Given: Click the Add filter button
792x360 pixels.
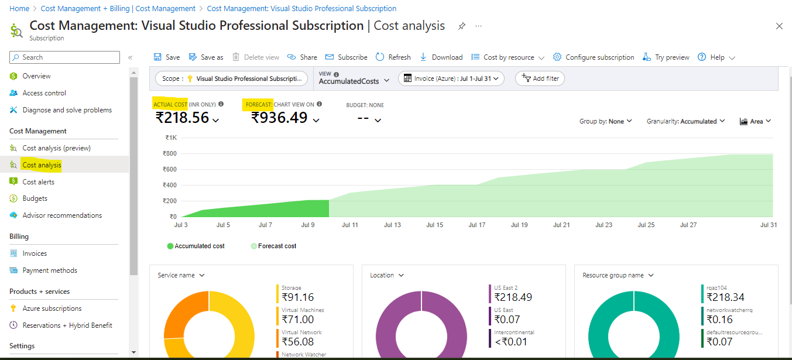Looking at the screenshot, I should (x=540, y=78).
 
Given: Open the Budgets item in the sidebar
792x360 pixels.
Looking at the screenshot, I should (x=35, y=198).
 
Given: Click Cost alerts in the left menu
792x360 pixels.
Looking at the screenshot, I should (x=38, y=182).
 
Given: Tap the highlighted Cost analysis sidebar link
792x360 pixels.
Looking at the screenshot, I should (x=42, y=165).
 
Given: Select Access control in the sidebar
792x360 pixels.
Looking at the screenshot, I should (x=44, y=93).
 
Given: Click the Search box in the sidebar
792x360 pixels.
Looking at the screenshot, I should (x=64, y=57).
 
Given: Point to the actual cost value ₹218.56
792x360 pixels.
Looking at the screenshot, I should (x=182, y=118).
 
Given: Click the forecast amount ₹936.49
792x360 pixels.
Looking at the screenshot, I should (x=279, y=118).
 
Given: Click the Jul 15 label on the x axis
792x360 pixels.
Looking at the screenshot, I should (x=434, y=225).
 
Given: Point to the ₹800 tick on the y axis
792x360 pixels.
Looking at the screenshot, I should (x=170, y=153).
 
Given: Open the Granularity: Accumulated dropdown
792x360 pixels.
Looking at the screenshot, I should (x=685, y=121).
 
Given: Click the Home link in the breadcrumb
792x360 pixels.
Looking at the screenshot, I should (x=19, y=9).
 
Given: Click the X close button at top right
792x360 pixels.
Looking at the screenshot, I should (x=779, y=26).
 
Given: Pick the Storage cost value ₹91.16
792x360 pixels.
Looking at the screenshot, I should (x=297, y=297).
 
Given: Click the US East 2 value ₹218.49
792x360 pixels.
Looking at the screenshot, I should (x=513, y=297).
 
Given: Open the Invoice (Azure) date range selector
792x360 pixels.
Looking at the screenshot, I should (x=451, y=78).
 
